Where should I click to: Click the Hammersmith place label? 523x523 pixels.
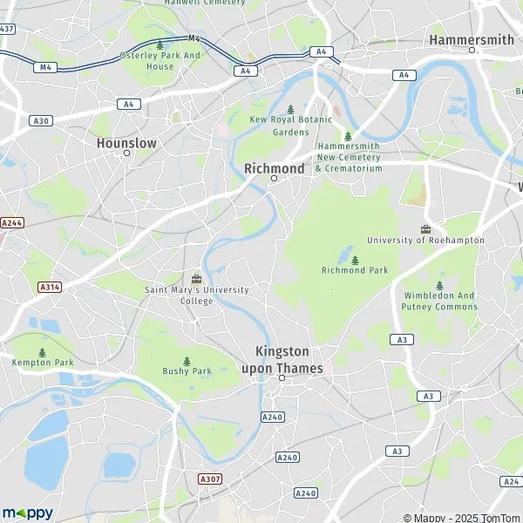(472, 39)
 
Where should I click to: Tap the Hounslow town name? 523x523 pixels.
(126, 141)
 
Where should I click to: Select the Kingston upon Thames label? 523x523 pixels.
(282, 359)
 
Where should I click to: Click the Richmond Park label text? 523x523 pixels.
(354, 270)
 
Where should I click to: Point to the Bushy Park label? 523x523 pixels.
(187, 371)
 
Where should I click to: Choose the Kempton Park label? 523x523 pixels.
(41, 362)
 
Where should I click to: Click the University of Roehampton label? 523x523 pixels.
(425, 240)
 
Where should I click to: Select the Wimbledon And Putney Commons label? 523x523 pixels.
(439, 301)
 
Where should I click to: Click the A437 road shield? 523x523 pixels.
(6, 29)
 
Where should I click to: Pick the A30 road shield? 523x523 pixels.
(39, 120)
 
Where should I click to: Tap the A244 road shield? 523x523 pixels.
(11, 222)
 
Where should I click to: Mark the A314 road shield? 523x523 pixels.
(51, 286)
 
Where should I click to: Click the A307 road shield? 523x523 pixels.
(209, 479)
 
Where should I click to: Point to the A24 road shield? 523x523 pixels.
(511, 481)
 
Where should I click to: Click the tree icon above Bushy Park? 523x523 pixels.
(187, 361)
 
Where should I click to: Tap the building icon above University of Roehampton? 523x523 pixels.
(425, 229)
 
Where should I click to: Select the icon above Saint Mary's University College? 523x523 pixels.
(196, 279)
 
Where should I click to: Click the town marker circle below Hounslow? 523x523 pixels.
(126, 153)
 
